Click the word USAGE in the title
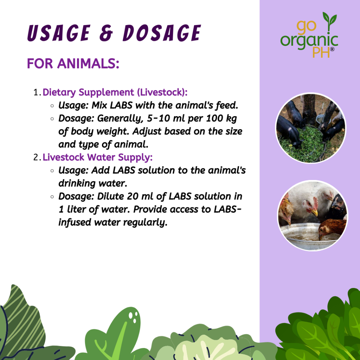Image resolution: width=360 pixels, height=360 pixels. [59, 33]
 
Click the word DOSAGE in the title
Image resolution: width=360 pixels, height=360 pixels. [162, 33]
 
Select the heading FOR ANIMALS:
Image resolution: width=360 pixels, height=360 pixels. [73, 63]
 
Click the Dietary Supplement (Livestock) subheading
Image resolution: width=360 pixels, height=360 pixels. [115, 92]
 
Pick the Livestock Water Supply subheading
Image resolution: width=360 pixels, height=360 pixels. [98, 157]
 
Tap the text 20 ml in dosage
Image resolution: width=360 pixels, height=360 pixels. [140, 196]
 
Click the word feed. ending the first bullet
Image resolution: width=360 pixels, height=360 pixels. [227, 105]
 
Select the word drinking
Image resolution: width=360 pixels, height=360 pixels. [77, 183]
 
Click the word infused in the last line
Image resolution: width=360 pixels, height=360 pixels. [75, 222]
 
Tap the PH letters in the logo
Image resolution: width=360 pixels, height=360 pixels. [321, 52]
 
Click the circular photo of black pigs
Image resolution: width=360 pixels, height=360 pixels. [311, 128]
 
